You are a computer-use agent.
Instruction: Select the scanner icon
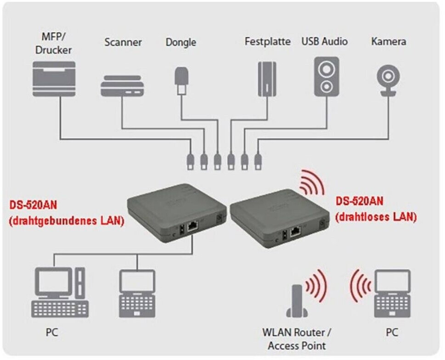tap(123, 86)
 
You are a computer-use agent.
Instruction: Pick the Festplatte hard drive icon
tap(266, 78)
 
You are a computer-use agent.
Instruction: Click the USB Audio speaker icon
tap(326, 76)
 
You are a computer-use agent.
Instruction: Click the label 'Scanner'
tap(123, 42)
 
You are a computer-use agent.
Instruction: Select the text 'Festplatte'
tap(267, 41)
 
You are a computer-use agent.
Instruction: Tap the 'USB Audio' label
tap(325, 41)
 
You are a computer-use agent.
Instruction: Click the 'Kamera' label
tap(389, 41)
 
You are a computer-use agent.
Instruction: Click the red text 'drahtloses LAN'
tap(376, 217)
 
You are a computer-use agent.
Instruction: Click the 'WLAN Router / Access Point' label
tap(297, 338)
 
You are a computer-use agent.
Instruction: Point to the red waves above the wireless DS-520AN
tap(312, 182)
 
